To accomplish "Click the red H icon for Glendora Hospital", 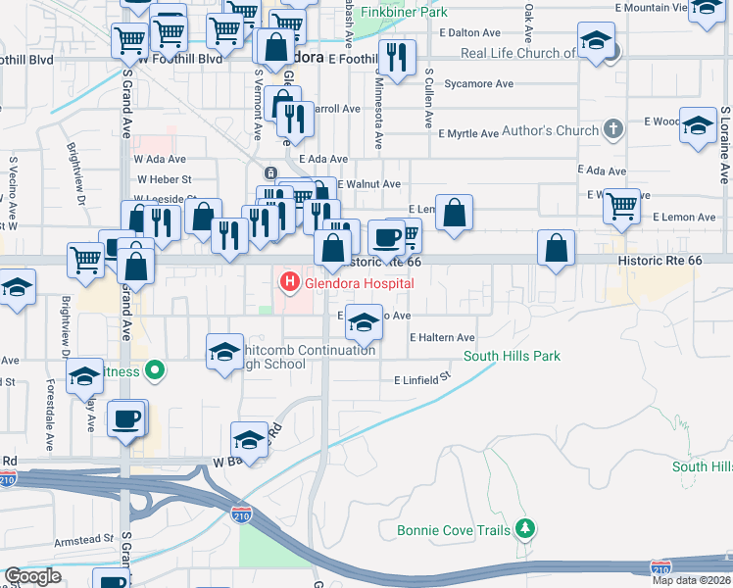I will pyautogui.click(x=290, y=283).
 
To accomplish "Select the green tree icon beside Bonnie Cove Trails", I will pyautogui.click(x=526, y=529).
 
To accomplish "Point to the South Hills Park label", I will pyautogui.click(x=513, y=356).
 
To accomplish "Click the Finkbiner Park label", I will pyautogui.click(x=404, y=12).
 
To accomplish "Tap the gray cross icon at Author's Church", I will pyautogui.click(x=612, y=129).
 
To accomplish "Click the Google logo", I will pyautogui.click(x=32, y=576).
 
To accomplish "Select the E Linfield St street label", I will pyautogui.click(x=421, y=378).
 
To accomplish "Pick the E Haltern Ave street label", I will pyautogui.click(x=442, y=337).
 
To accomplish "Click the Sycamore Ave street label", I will pyautogui.click(x=478, y=84).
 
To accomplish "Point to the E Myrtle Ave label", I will pyautogui.click(x=468, y=133).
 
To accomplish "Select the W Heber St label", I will pyautogui.click(x=164, y=179).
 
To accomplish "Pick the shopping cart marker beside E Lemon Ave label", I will pyautogui.click(x=621, y=207).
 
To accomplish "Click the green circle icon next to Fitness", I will pyautogui.click(x=154, y=370).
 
